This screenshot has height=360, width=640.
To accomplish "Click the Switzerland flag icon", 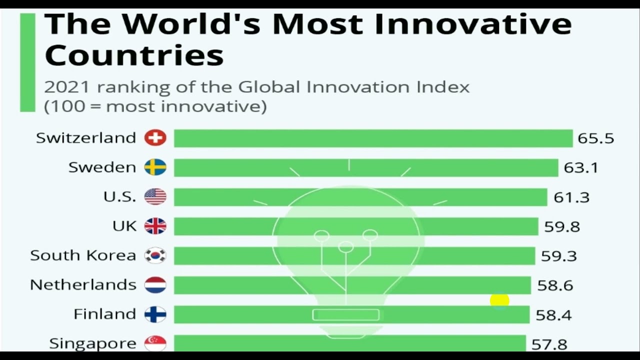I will click(155, 138).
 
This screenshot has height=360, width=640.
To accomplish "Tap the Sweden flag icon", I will click(155, 167).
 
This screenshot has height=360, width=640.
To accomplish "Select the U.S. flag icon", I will click(155, 196).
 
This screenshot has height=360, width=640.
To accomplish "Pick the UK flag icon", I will click(155, 226).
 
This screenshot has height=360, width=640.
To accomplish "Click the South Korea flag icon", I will click(155, 255).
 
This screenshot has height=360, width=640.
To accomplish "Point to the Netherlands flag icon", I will click(155, 285).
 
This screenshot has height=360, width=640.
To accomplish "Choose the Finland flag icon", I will click(155, 314).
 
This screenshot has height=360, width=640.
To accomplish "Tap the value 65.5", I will click(595, 138).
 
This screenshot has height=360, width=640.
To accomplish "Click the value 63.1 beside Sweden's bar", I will click(580, 168).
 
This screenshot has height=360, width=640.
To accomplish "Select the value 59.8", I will click(562, 227).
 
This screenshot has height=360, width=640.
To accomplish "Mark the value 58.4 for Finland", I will click(553, 315).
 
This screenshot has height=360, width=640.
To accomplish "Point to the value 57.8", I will click(549, 344).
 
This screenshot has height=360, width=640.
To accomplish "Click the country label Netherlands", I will click(83, 285).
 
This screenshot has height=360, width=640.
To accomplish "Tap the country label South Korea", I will click(83, 255).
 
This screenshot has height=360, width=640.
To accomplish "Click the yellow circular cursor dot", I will click(499, 300).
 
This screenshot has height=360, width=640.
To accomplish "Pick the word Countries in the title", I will click(134, 54).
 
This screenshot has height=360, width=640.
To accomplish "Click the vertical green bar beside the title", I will click(27, 62).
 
